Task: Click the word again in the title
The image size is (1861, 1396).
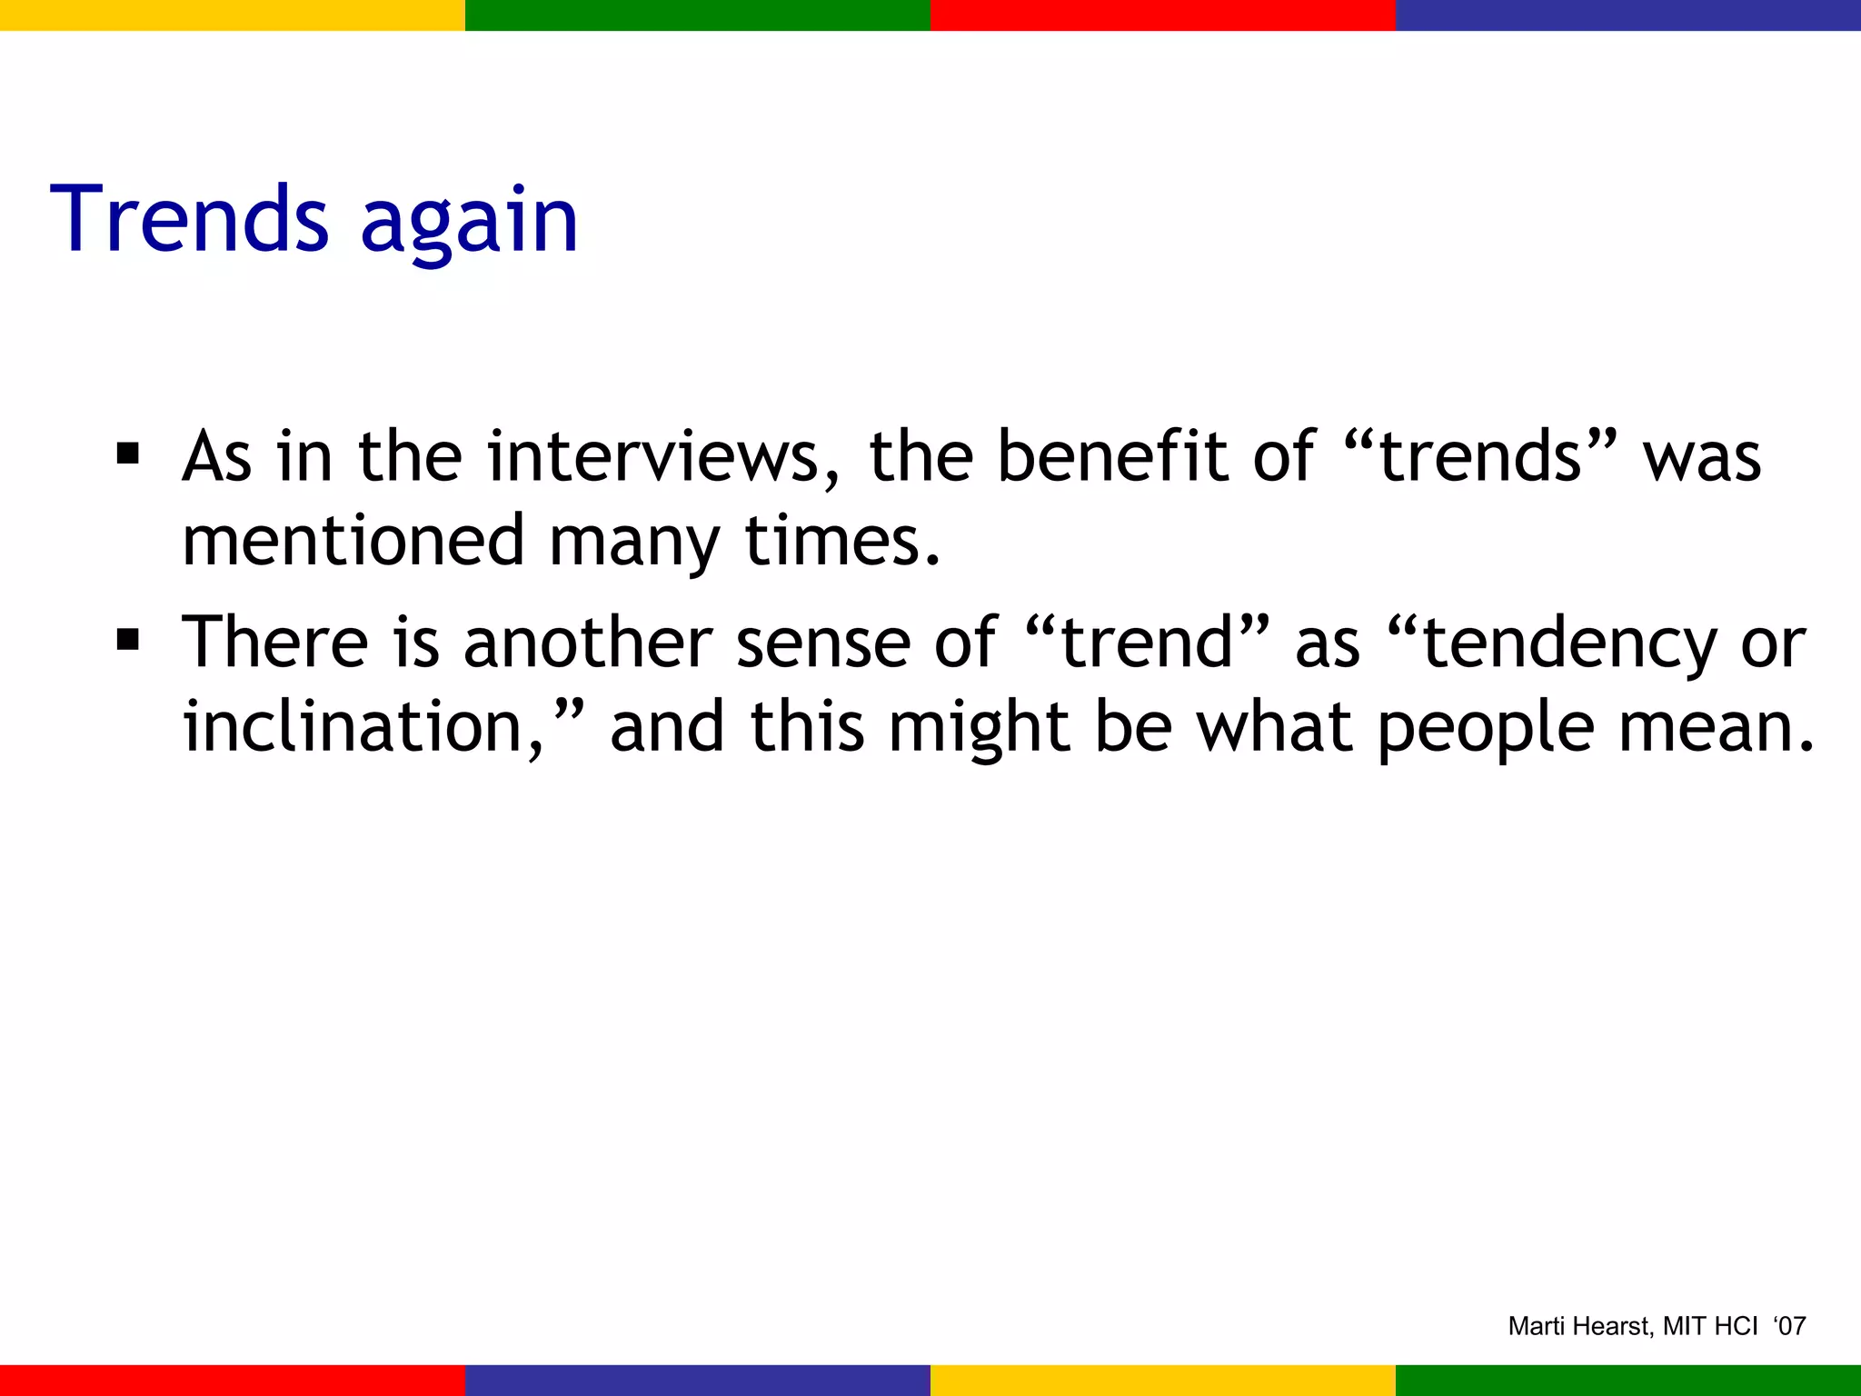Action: (469, 223)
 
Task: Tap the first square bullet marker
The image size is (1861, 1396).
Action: (127, 453)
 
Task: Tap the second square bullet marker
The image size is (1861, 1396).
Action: (127, 640)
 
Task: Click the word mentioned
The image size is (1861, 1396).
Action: (353, 541)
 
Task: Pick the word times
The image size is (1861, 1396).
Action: (841, 541)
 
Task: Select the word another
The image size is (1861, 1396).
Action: (587, 643)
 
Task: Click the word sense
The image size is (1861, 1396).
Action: (822, 643)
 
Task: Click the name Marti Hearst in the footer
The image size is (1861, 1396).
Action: (1579, 1326)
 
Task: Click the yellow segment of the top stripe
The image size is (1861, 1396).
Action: (233, 15)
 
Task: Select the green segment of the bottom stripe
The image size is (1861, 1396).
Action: (1628, 1380)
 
